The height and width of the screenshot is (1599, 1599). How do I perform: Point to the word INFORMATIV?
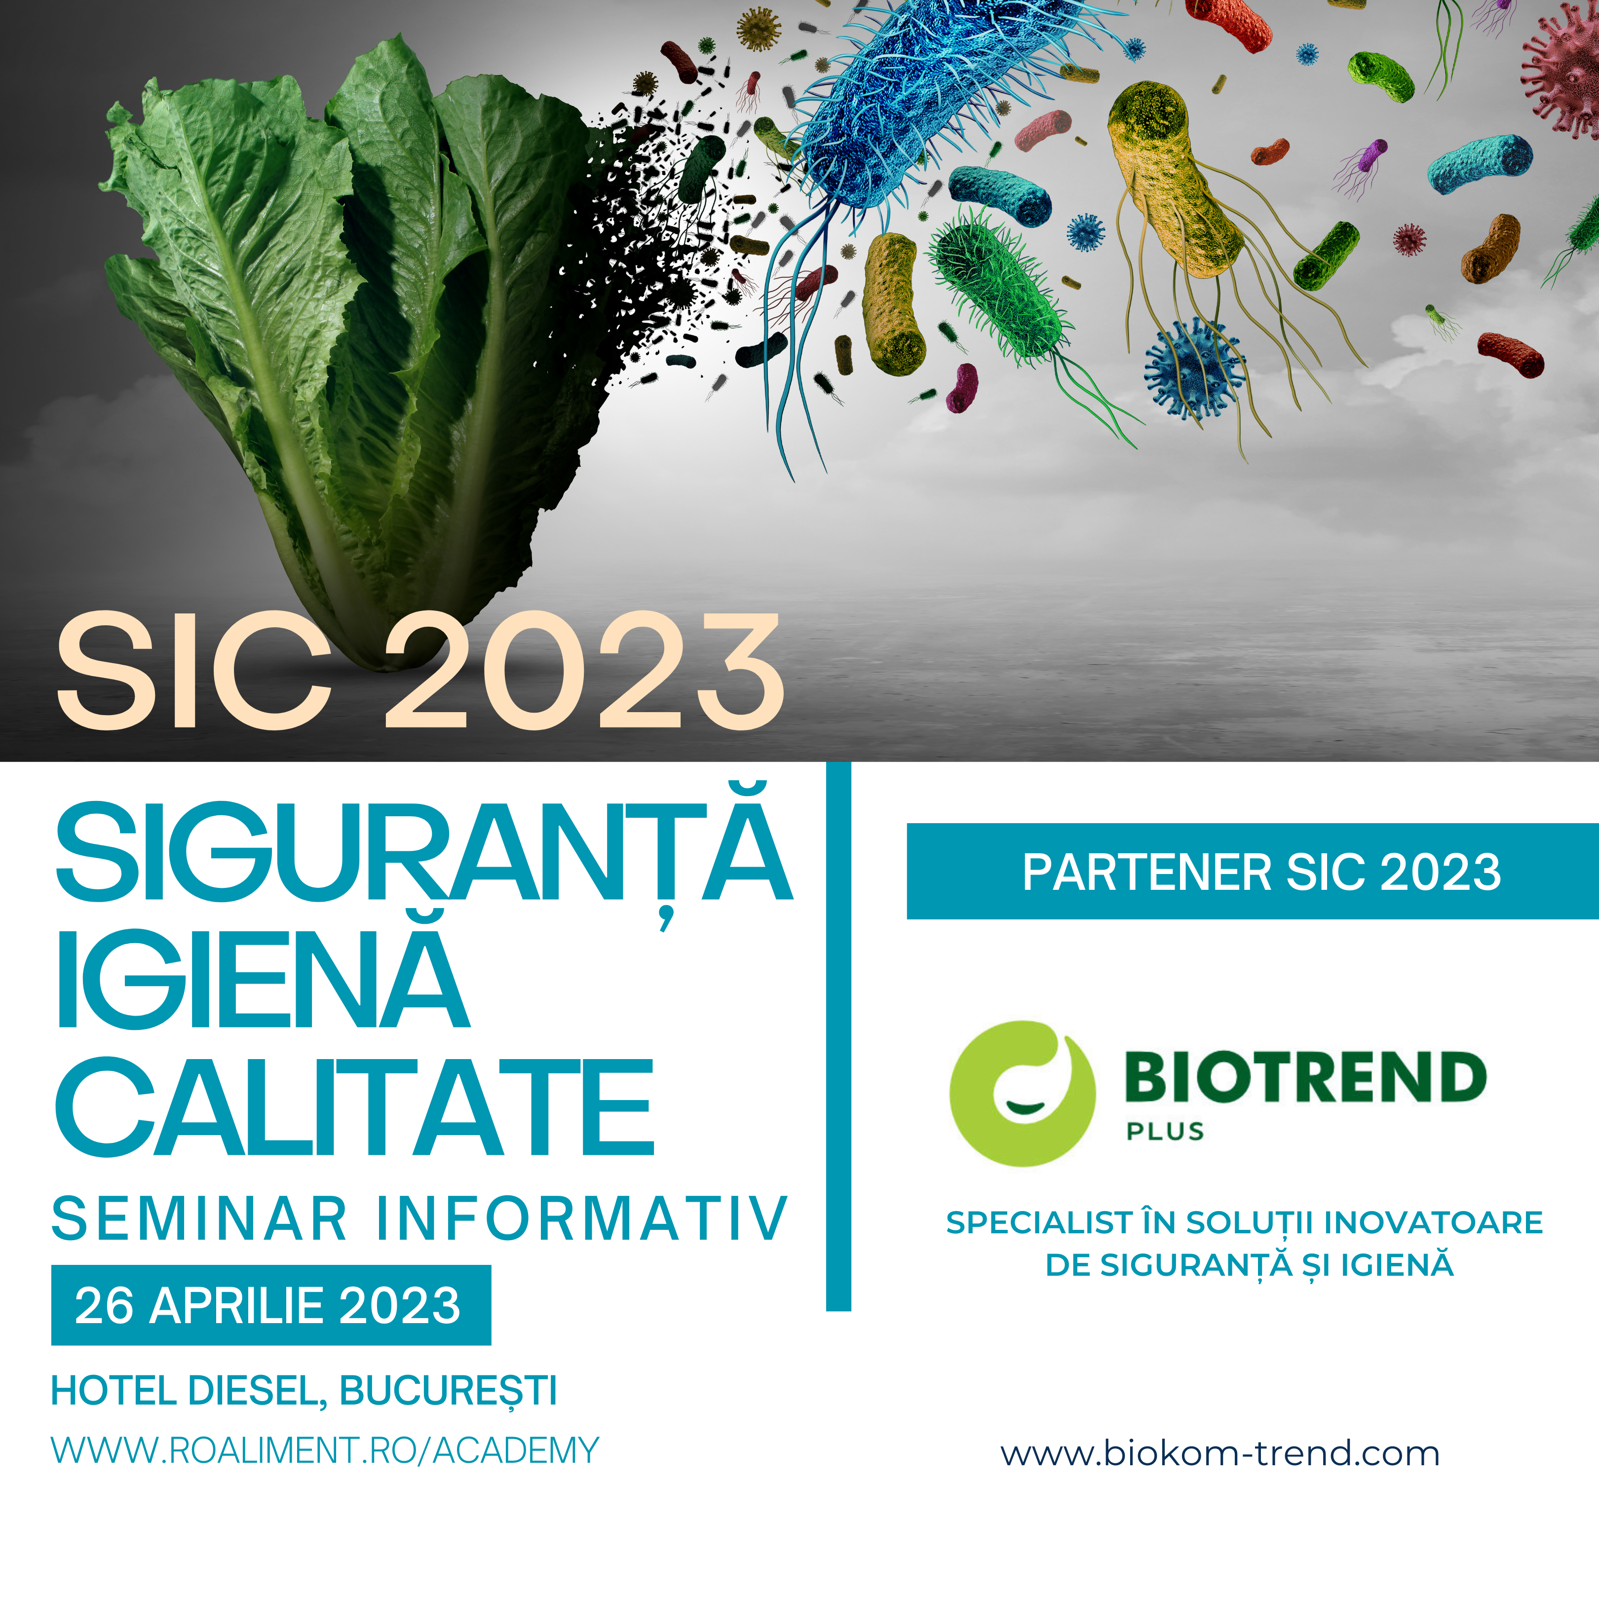tap(582, 1218)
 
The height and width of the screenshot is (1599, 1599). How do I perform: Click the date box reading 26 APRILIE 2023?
tap(270, 1306)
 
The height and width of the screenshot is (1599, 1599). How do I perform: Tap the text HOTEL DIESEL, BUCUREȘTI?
tap(304, 1391)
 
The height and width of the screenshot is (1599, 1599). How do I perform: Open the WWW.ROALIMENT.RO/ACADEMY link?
tap(324, 1451)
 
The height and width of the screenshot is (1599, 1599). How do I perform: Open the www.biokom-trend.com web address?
tap(1220, 1453)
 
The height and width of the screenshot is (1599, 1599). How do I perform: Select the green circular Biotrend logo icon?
tap(1022, 1093)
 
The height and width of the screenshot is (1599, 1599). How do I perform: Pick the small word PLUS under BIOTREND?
tap(1165, 1131)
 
